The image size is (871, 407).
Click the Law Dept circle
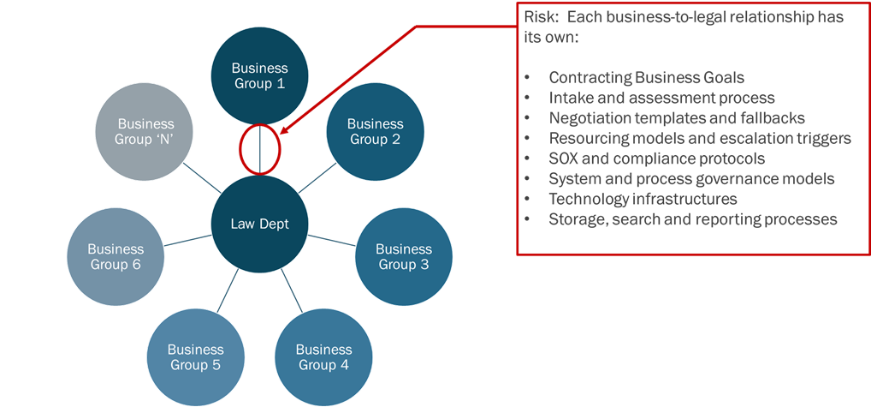(x=260, y=224)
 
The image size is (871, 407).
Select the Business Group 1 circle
(x=260, y=76)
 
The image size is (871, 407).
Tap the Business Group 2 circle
(x=375, y=132)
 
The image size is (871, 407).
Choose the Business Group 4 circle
(x=323, y=356)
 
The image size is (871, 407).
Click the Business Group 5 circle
(x=195, y=356)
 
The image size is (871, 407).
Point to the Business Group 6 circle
(x=115, y=257)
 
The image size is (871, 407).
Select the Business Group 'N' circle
(x=145, y=132)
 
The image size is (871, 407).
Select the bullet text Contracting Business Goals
(x=646, y=77)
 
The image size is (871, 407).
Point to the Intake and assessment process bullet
(x=661, y=98)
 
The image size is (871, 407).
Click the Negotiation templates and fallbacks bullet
(x=677, y=118)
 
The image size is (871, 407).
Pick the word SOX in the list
(x=564, y=159)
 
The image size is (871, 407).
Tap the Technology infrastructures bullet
(x=643, y=199)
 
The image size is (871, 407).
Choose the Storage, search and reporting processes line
(x=692, y=219)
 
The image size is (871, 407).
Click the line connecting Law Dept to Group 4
(x=292, y=290)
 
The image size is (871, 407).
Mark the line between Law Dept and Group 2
(x=317, y=179)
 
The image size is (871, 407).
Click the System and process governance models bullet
(x=691, y=179)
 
